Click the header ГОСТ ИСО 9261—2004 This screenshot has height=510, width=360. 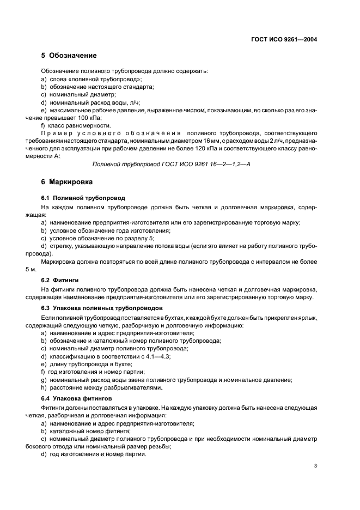click(x=284, y=39)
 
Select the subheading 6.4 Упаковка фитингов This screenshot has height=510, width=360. click(x=73, y=398)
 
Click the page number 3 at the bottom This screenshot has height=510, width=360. click(x=315, y=465)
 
